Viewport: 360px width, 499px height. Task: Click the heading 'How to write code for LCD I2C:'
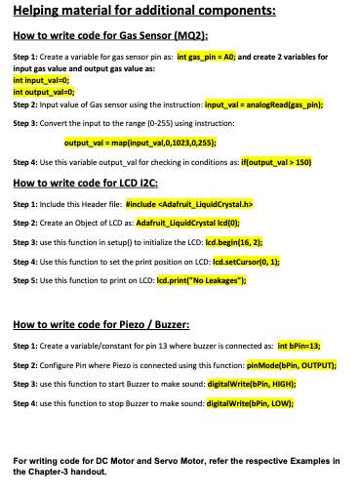pos(88,184)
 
